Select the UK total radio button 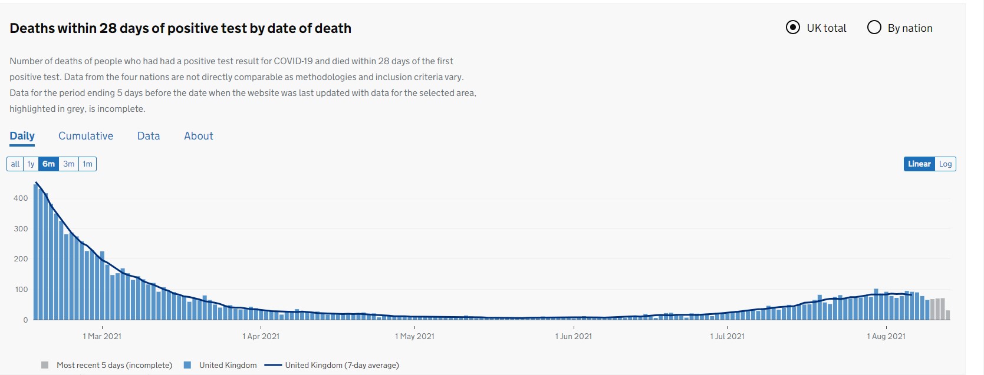[793, 28]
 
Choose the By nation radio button [874, 28]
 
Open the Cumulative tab [85, 136]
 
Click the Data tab [149, 136]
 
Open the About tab [199, 136]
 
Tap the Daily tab [22, 136]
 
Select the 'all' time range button [15, 164]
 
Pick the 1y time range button [31, 164]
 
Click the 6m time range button [48, 164]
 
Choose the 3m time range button [69, 164]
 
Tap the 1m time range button [87, 164]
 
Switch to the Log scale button [945, 164]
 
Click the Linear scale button [919, 164]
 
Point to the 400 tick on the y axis [21, 198]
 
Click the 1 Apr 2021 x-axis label [261, 337]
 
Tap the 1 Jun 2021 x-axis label [573, 337]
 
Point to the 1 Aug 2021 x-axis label [886, 337]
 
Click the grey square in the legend [45, 365]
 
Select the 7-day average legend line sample [273, 365]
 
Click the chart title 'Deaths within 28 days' [180, 28]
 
